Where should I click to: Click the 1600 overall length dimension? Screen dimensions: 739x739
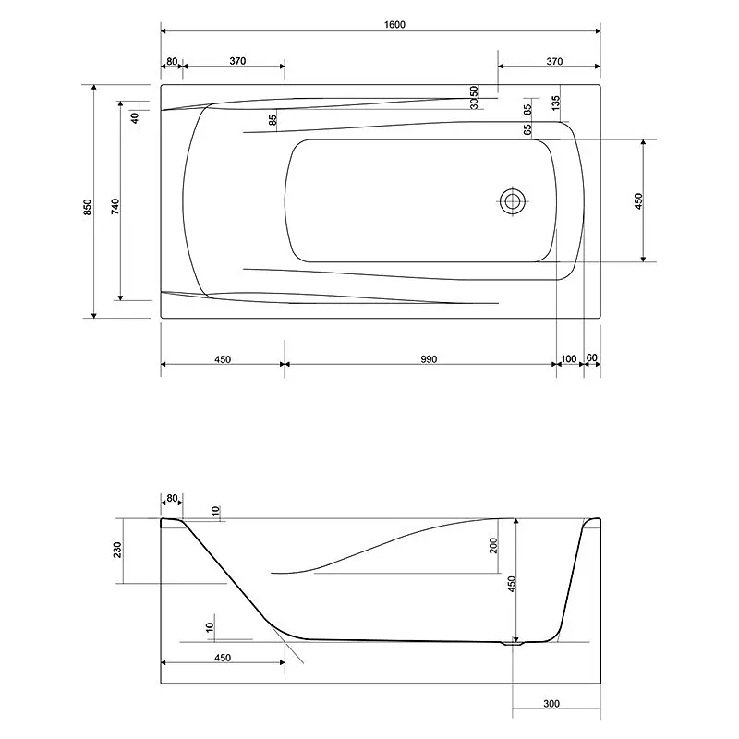394,25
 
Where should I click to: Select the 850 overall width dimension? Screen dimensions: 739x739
88,207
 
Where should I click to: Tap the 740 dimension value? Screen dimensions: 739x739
115,207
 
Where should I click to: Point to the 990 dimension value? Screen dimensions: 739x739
429,359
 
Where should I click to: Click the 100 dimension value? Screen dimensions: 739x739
569,359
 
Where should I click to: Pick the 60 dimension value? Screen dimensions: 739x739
591,358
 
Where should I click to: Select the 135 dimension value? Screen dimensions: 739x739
556,103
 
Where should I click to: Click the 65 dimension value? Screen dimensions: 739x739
527,129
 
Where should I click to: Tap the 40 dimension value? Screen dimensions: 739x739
136,118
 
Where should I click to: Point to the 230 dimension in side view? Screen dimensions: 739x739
117,550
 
